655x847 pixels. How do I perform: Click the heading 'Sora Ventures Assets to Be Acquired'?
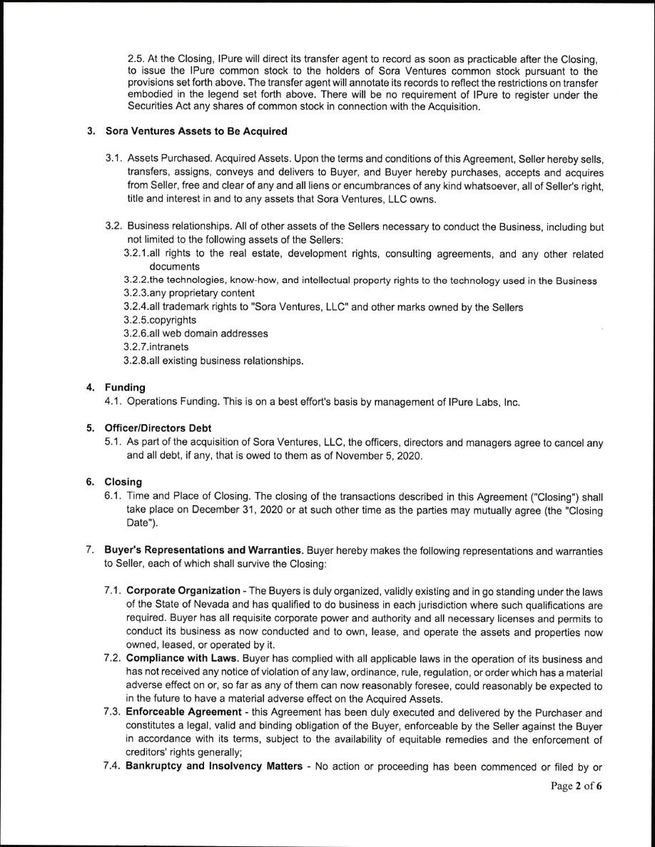click(x=196, y=131)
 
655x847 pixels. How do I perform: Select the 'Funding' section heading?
click(x=125, y=387)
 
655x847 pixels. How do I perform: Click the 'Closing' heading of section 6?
click(x=123, y=482)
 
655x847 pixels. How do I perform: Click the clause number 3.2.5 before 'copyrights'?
click(x=136, y=320)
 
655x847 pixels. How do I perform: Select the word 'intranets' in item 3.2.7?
click(x=168, y=346)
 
